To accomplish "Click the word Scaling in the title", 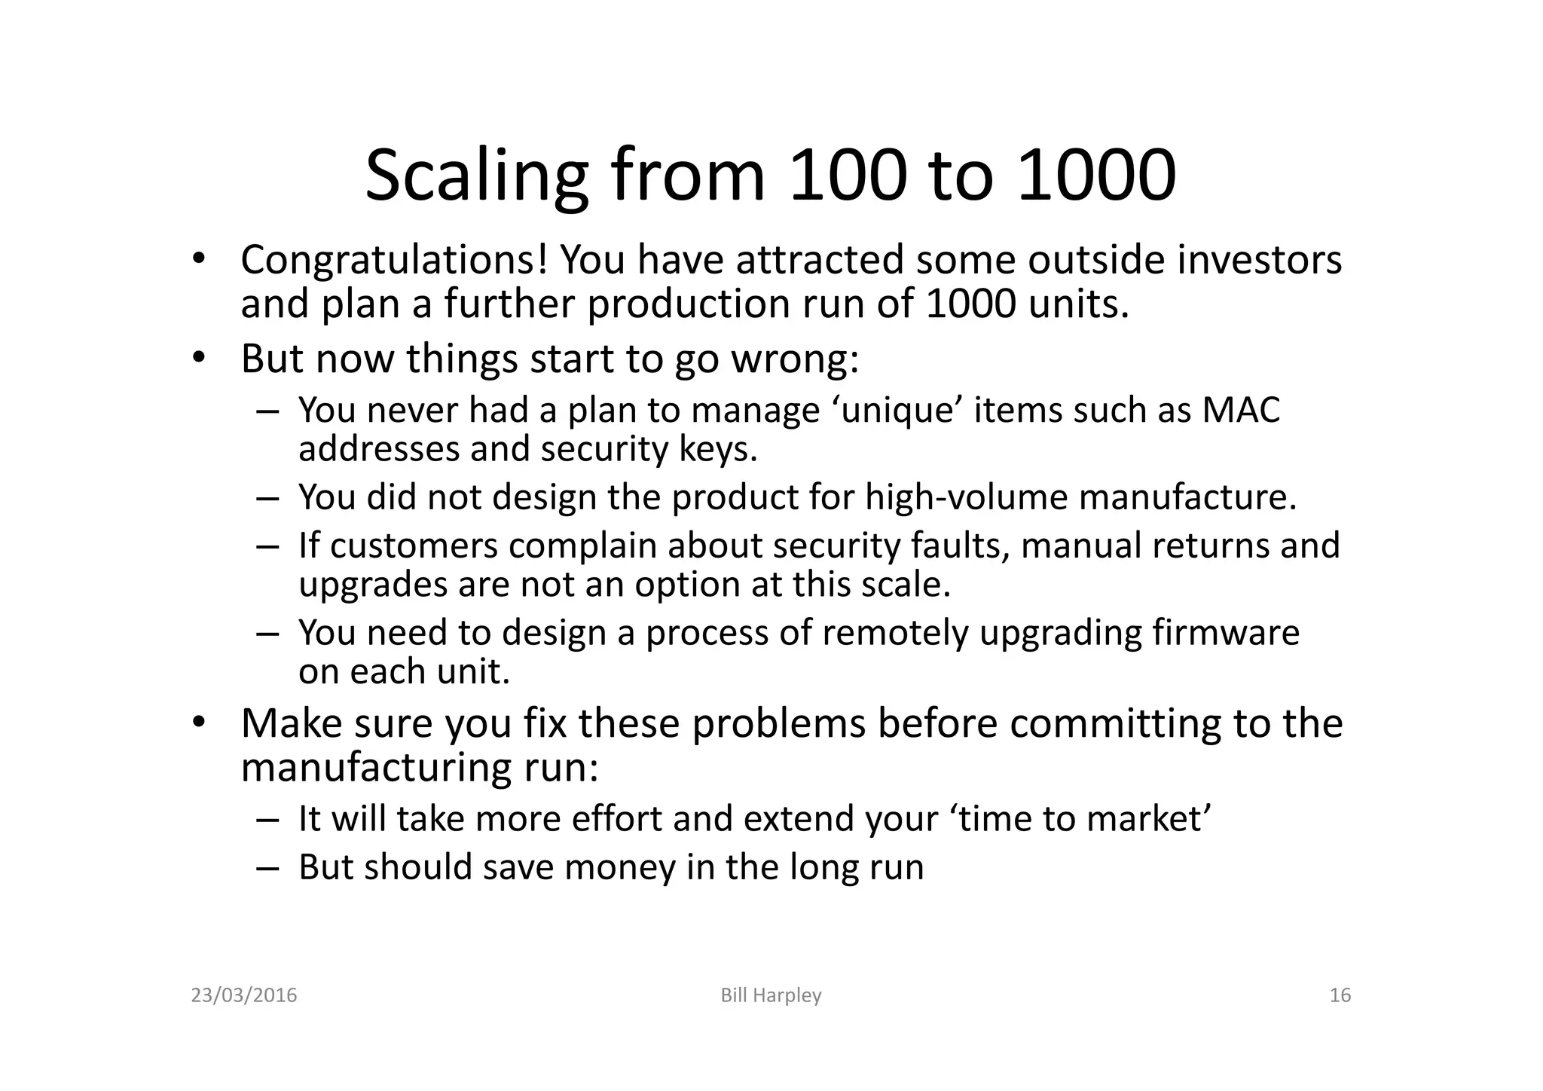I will click(x=476, y=177).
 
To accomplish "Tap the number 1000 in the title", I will click(x=1096, y=177).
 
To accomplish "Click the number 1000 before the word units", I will click(x=971, y=304).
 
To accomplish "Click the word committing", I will click(x=1117, y=723).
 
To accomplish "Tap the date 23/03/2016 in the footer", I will click(x=244, y=995).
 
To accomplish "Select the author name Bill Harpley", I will click(x=771, y=995).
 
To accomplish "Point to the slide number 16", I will click(x=1340, y=995).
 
